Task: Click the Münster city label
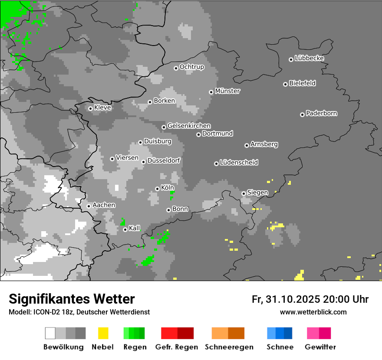pos(227,91)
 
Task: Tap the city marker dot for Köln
pos(157,189)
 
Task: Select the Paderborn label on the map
pos(322,114)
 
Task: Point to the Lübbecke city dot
pos(291,59)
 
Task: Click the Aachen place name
pos(104,205)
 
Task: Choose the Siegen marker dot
pos(244,193)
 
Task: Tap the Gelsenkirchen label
pos(189,126)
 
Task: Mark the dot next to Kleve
pos(90,108)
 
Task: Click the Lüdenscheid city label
pos(239,163)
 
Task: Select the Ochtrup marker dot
pos(176,68)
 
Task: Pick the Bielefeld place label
pos(302,83)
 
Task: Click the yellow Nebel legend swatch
pos(103,333)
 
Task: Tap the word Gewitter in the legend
pos(320,347)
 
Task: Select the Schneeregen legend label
pos(229,347)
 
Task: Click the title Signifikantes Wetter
pos(72,299)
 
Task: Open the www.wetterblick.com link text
pos(313,312)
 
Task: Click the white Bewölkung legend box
pos(50,333)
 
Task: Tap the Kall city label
pos(135,228)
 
